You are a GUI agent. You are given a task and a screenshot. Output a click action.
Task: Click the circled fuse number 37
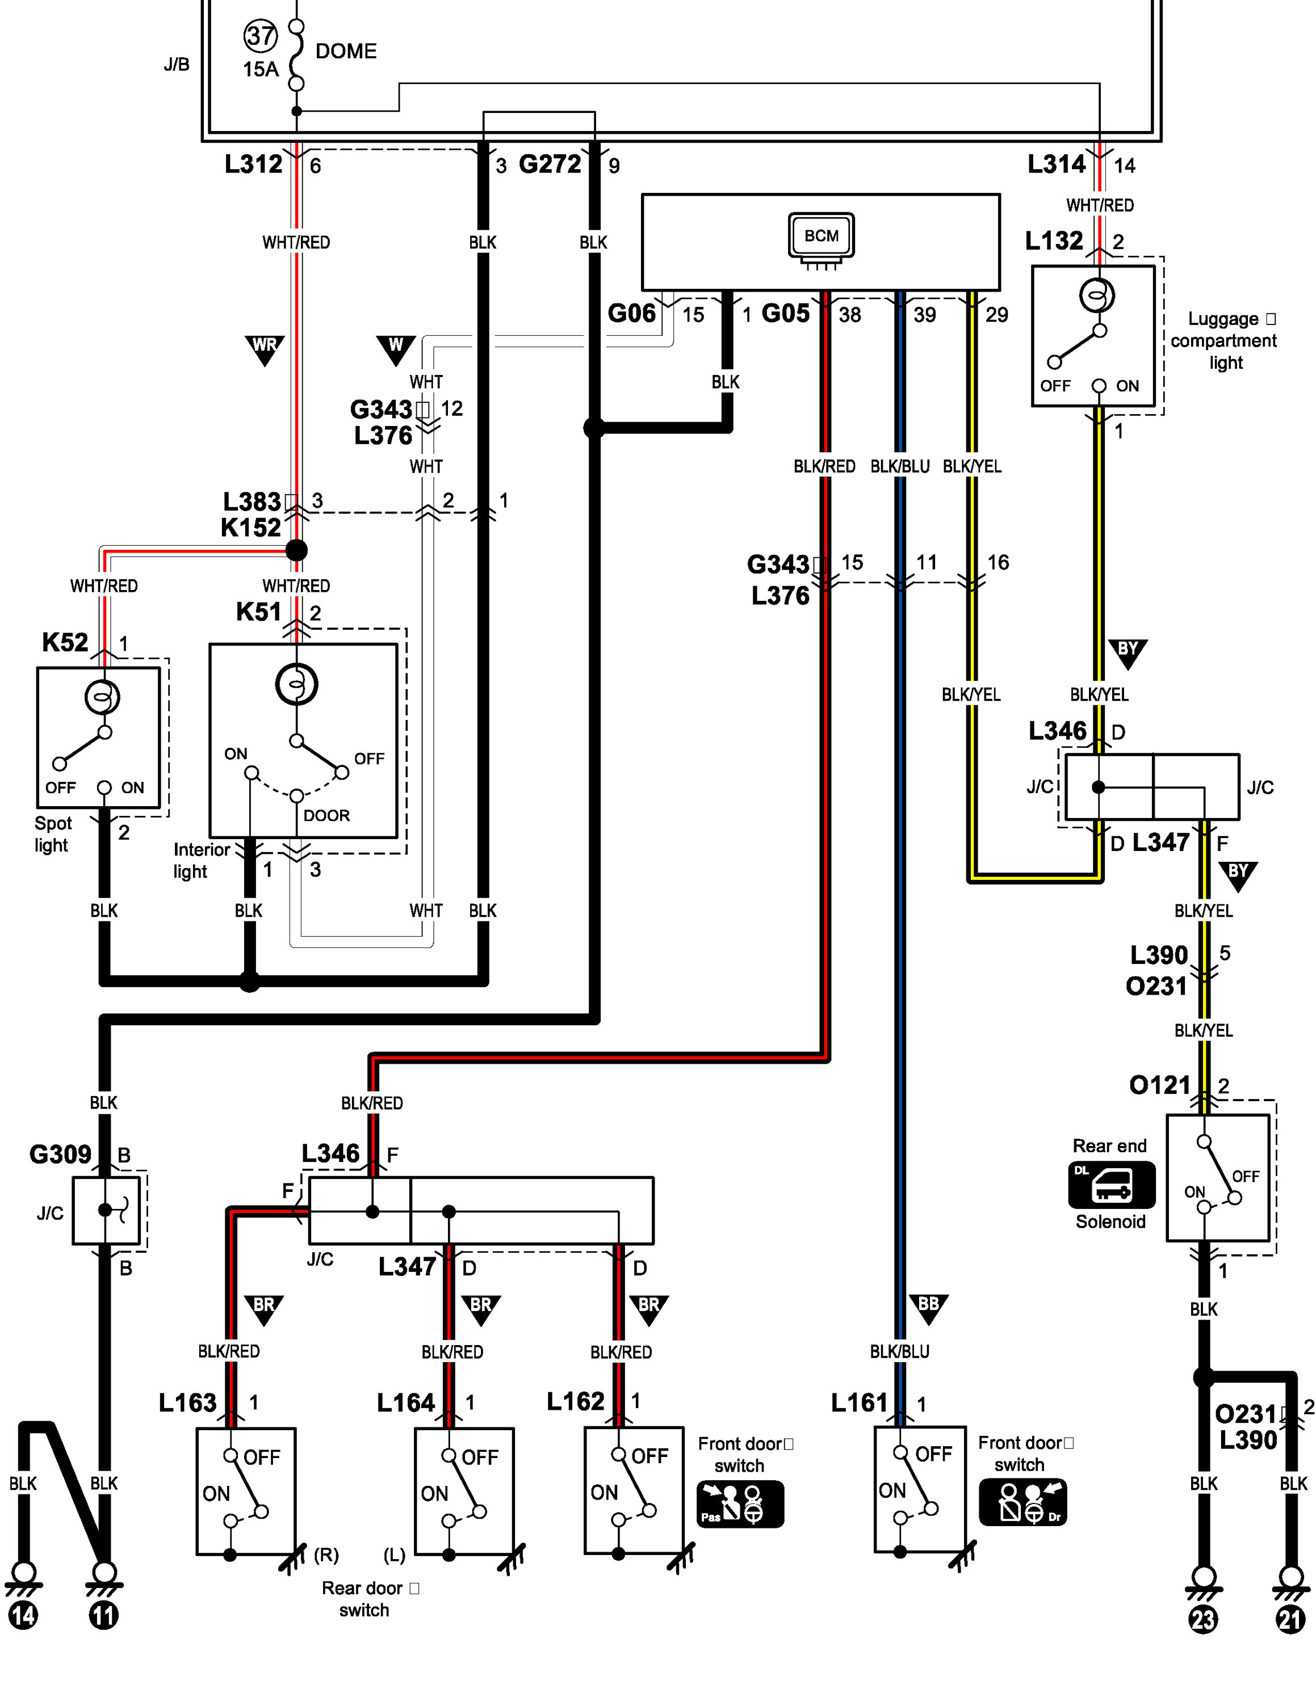click(x=261, y=36)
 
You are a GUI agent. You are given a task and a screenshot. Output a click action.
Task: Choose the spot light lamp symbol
click(x=102, y=697)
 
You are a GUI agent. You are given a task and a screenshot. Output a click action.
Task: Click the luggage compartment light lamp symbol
click(x=1097, y=296)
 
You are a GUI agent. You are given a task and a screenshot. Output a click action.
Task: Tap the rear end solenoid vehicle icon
click(x=1111, y=1185)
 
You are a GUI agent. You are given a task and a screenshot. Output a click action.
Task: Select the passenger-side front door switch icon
click(x=740, y=1503)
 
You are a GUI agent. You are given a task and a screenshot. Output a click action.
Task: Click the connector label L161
click(x=859, y=1403)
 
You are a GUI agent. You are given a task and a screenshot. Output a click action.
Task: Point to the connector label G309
click(x=60, y=1153)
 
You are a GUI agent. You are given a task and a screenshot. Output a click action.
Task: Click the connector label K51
click(x=258, y=612)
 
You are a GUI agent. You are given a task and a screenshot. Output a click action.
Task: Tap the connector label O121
click(x=1159, y=1085)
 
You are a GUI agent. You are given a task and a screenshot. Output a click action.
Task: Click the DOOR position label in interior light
click(x=326, y=815)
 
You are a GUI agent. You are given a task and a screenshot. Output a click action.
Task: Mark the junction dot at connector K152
click(x=296, y=550)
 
